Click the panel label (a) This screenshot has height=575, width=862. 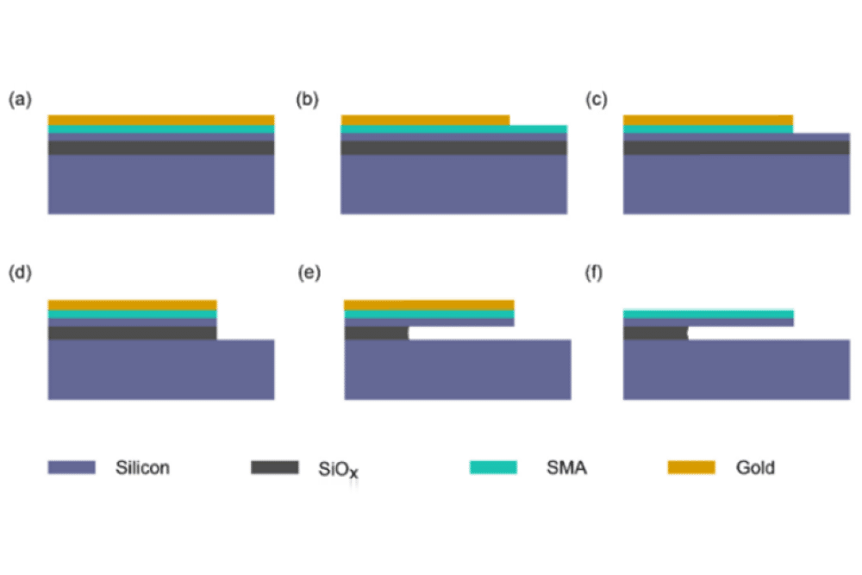[20, 100]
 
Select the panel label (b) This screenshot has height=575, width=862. [307, 100]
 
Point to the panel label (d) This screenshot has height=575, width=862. [20, 274]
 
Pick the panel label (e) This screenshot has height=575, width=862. [307, 274]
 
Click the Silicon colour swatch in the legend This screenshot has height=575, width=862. [71, 467]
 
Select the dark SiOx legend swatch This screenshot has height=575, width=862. [274, 467]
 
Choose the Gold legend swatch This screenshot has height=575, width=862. [691, 467]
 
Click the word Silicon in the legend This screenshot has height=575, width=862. [142, 468]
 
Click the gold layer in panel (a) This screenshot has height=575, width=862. [161, 120]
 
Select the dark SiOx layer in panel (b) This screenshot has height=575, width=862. [453, 147]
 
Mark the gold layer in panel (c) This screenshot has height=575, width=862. [707, 120]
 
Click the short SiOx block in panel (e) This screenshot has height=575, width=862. [376, 333]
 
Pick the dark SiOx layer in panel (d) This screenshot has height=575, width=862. [132, 333]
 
